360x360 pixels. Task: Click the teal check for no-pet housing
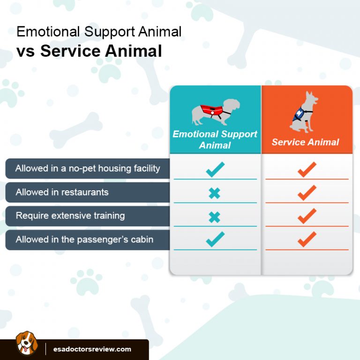[x=215, y=169]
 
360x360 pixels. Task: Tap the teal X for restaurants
[x=214, y=193]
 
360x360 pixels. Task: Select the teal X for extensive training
[x=214, y=217]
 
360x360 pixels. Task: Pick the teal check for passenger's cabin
[x=215, y=240]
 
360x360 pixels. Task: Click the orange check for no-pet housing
[x=307, y=169]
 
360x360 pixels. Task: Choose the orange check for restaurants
[x=307, y=193]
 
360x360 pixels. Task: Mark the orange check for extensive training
[x=307, y=216]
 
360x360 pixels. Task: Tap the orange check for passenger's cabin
[x=307, y=240]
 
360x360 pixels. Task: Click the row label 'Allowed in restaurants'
[x=62, y=192]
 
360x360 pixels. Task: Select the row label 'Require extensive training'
[x=70, y=216]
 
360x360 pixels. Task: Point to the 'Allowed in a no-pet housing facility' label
[x=88, y=168]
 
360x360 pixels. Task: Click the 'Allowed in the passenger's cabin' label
[x=84, y=240]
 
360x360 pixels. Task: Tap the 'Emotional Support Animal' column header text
[x=215, y=139]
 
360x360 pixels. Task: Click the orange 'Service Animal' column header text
[x=305, y=142]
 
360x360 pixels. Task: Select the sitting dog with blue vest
[x=304, y=112]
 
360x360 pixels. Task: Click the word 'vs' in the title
[x=26, y=51]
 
